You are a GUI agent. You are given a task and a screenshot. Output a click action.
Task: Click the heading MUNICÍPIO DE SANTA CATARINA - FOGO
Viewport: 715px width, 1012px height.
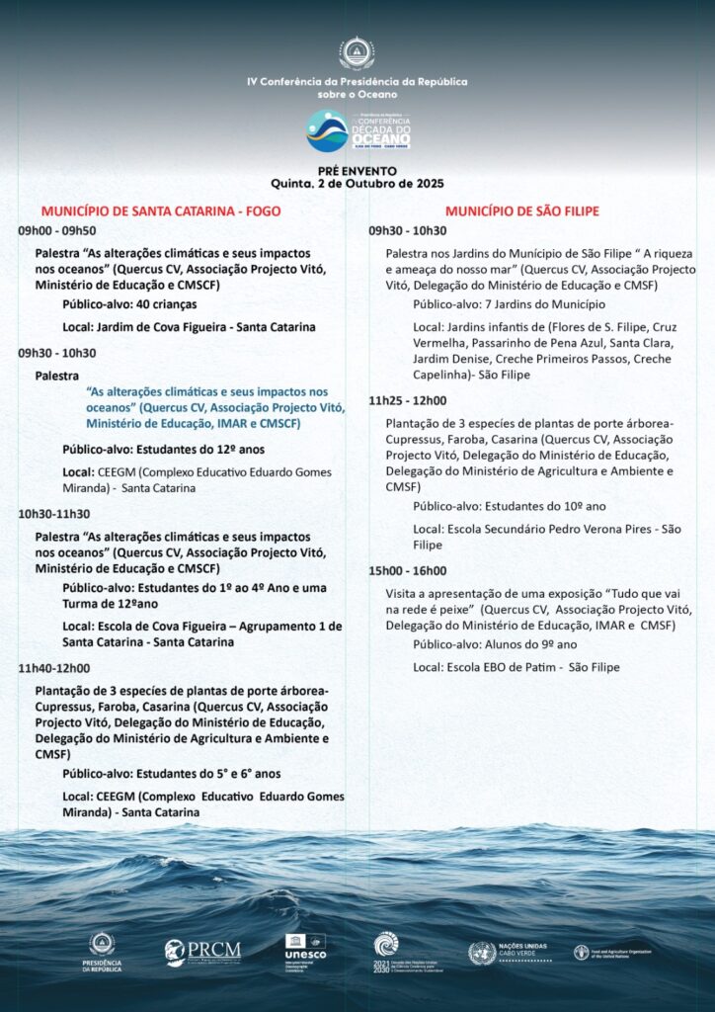tap(160, 211)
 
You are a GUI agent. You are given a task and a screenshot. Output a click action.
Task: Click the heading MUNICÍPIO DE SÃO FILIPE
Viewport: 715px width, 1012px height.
tap(521, 211)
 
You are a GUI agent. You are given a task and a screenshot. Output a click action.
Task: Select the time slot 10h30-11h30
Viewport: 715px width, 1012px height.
tap(53, 514)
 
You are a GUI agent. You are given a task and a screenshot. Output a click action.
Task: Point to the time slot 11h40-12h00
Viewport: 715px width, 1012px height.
tap(53, 668)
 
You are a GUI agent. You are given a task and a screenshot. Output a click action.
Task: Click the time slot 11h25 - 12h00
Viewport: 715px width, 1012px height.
tap(407, 401)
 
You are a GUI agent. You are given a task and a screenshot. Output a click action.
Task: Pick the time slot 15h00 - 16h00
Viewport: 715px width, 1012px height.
tap(407, 571)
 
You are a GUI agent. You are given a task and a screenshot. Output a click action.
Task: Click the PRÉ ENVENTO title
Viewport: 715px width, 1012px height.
tap(357, 171)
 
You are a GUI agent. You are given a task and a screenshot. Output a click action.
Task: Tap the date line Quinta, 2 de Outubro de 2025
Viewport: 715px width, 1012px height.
tap(357, 184)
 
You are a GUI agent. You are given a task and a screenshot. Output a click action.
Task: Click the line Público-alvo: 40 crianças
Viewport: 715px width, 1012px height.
tap(129, 304)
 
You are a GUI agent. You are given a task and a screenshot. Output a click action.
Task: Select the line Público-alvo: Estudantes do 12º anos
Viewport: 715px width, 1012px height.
tap(157, 450)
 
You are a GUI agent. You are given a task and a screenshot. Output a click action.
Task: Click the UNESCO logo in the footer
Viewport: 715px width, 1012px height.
tap(305, 948)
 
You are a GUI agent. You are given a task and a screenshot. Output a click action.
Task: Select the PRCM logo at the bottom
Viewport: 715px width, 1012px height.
tap(202, 951)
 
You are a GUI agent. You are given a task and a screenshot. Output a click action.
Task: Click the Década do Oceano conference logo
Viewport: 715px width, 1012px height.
tap(357, 130)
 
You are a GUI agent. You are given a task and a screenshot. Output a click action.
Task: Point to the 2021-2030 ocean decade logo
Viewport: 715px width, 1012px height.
tap(387, 951)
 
